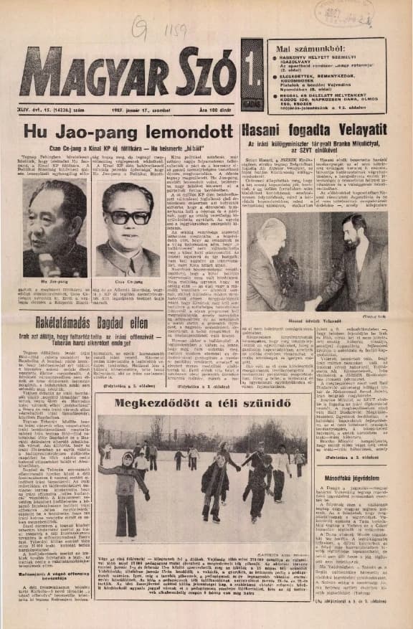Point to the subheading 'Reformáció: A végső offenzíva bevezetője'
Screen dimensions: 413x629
[53, 590]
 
